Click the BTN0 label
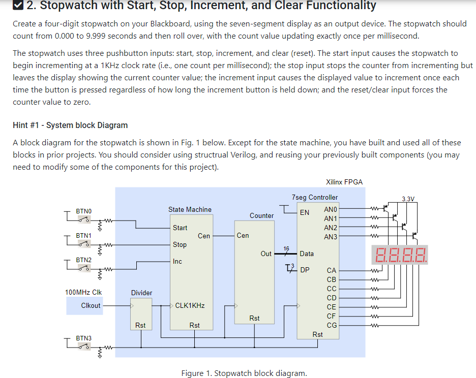click(83, 211)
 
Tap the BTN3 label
click(83, 338)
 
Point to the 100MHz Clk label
click(83, 292)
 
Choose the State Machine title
click(190, 209)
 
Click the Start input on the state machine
click(180, 228)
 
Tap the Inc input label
click(177, 261)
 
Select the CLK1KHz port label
click(190, 305)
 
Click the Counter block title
click(261, 215)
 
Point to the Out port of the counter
click(266, 254)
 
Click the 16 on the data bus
click(286, 248)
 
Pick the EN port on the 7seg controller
click(304, 212)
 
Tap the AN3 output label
click(331, 237)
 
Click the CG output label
click(331, 325)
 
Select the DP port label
click(305, 270)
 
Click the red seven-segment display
click(400, 254)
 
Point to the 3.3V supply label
click(408, 199)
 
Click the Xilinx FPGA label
click(344, 182)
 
